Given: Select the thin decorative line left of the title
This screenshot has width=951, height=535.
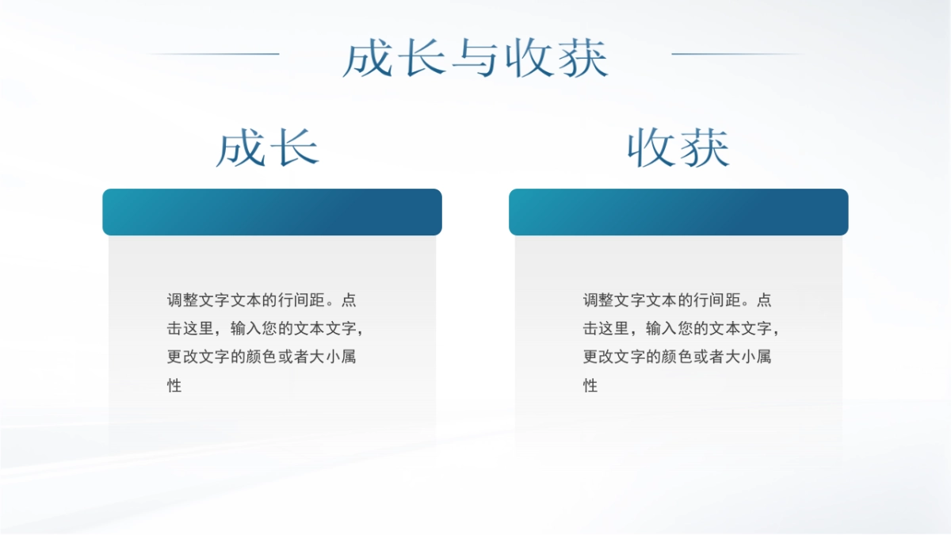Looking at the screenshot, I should [214, 54].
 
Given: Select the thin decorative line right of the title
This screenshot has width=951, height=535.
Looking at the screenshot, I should [737, 54].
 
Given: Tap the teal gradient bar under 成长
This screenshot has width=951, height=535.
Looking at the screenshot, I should [272, 212].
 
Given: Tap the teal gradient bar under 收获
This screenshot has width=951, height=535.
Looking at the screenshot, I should [678, 212].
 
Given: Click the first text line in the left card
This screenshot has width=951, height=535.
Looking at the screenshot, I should [262, 300].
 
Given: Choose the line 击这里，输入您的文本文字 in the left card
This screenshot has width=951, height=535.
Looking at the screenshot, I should [265, 329].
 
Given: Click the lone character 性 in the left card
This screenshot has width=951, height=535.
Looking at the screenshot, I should [174, 386].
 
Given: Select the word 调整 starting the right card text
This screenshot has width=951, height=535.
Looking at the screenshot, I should [598, 300].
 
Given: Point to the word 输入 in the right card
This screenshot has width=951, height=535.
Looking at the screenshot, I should [662, 329].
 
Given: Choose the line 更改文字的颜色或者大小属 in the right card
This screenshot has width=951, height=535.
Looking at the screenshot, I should [678, 357].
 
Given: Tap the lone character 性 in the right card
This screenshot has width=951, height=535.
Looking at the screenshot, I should [590, 386].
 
